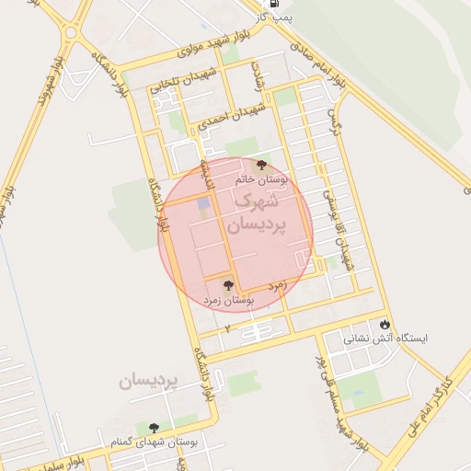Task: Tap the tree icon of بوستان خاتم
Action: [262, 165]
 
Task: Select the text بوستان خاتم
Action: [261, 180]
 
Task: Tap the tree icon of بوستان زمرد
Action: [228, 285]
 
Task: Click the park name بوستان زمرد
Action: [228, 300]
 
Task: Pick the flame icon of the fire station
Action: [385, 324]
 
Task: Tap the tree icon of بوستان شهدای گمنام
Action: [153, 428]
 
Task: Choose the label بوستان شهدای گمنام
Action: [154, 442]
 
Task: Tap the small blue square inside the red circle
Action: [203, 202]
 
